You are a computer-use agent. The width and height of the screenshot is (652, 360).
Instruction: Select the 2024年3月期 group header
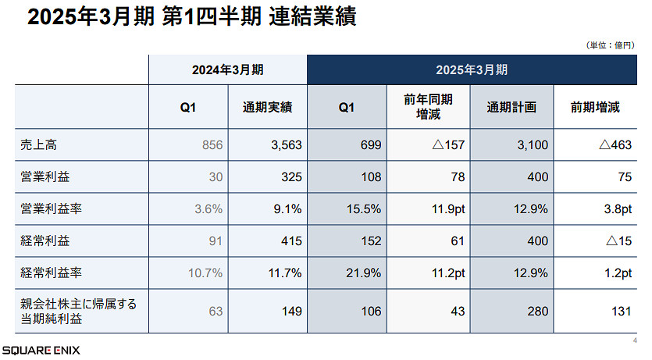(228, 70)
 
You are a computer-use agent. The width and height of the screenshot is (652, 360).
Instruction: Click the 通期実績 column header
(268, 108)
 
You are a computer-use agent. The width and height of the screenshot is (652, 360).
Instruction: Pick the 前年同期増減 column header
(428, 108)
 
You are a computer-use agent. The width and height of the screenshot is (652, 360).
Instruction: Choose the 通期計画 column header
(511, 108)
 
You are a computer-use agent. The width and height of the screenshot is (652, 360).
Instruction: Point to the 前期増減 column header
(595, 108)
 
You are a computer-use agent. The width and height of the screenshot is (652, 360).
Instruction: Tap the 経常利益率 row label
(47, 273)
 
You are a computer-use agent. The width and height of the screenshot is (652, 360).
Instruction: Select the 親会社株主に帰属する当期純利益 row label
(79, 311)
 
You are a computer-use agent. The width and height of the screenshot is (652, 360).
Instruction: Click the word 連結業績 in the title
(311, 18)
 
